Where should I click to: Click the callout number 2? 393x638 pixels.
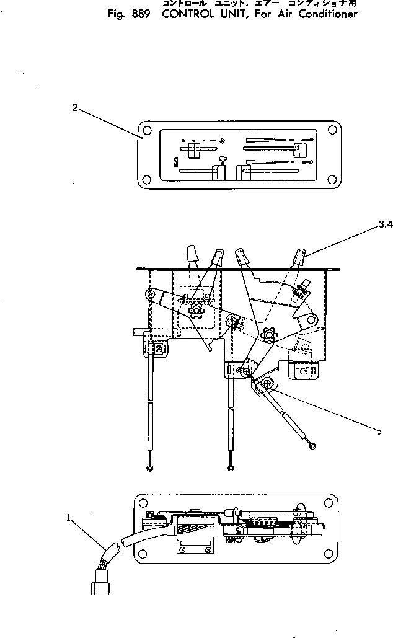point(75,107)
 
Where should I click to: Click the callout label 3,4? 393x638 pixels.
point(384,226)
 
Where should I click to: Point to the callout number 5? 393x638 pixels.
point(379,431)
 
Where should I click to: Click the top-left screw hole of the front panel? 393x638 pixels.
point(146,131)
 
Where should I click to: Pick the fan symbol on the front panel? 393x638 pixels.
point(221,141)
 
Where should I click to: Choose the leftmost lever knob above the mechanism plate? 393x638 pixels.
point(192,252)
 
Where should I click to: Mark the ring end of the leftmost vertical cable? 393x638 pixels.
point(149,469)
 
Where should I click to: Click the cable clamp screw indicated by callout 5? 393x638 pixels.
point(265,386)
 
